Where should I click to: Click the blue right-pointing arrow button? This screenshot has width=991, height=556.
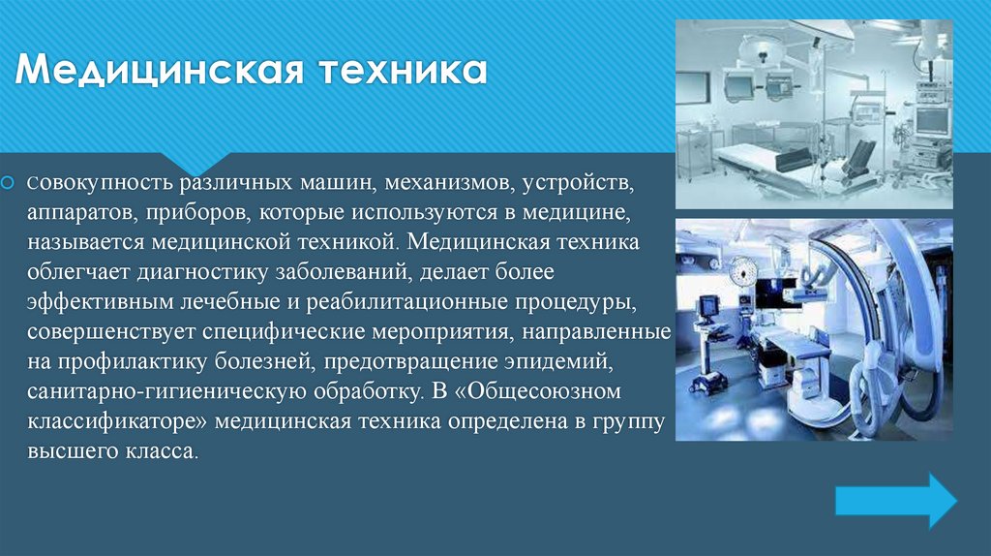point(895,499)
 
